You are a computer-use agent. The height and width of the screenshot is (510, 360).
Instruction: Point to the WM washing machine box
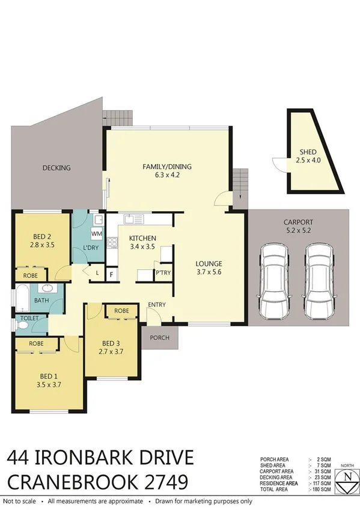point(96,233)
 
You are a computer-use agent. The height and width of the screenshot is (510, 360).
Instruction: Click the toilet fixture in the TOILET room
point(22,325)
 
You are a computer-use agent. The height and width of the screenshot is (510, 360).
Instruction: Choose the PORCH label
point(159,337)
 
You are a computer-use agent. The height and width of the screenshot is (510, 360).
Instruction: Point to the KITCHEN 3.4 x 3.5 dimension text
point(142,246)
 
